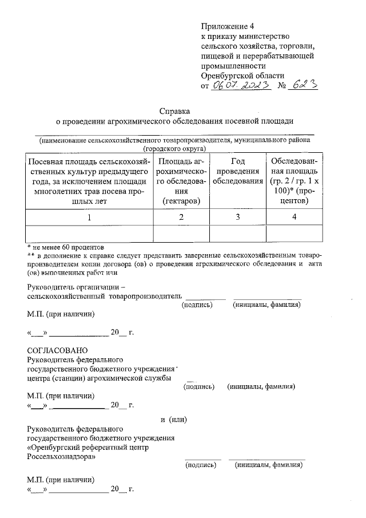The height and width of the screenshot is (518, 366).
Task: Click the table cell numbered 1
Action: tap(88, 217)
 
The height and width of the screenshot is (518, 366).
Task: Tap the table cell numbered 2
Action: tap(181, 217)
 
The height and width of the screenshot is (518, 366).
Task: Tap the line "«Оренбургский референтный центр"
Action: tap(87, 448)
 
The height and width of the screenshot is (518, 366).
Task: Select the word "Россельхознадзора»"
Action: tap(62, 457)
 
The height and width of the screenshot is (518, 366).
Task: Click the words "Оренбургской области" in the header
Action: tap(242, 76)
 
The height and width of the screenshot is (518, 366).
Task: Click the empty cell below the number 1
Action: tap(88, 233)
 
